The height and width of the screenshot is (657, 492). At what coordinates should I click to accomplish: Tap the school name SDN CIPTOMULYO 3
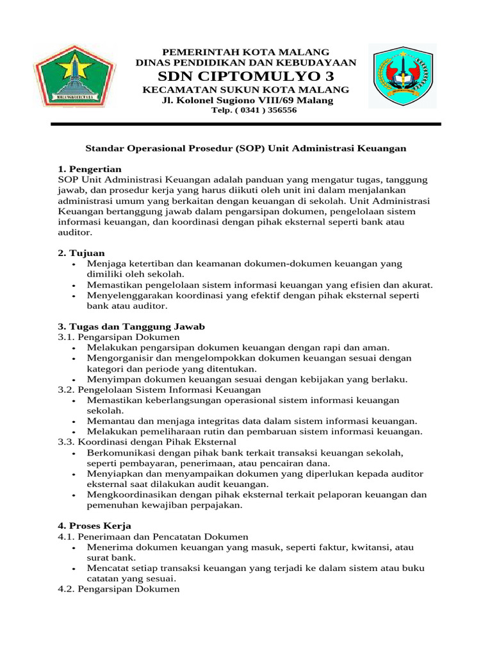pos(247,76)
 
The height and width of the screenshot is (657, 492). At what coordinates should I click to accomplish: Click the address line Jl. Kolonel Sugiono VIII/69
pos(247,101)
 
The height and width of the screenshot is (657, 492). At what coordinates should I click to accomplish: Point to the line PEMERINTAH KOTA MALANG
pos(247,51)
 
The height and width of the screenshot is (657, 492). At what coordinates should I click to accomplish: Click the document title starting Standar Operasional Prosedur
pos(247,148)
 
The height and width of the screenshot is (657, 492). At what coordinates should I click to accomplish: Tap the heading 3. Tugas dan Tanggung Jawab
pos(131,326)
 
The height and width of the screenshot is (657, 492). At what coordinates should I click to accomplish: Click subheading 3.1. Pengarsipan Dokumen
pos(119,337)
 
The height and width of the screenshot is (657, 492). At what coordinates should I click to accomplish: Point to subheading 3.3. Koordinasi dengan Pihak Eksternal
pos(147,442)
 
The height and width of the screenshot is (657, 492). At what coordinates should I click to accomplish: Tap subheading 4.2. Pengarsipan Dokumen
pos(119,589)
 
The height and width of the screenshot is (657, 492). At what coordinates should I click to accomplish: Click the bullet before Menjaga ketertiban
pos(76,264)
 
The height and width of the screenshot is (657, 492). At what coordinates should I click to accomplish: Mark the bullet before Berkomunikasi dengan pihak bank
pos(76,453)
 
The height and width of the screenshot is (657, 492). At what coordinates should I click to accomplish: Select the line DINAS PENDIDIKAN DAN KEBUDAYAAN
pos(247,62)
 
